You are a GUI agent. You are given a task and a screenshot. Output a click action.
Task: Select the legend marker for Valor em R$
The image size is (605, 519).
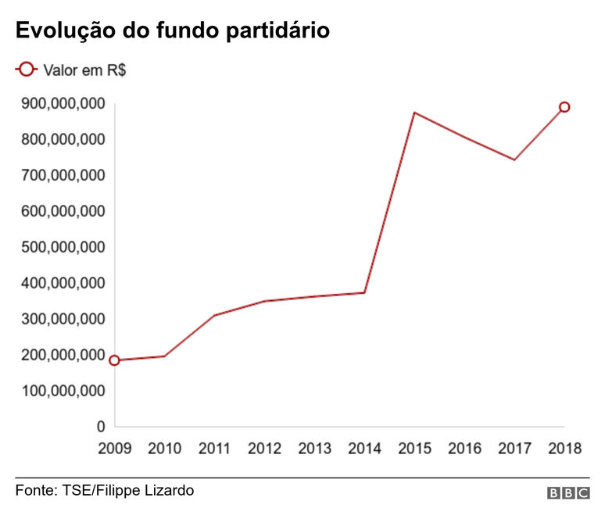(26, 70)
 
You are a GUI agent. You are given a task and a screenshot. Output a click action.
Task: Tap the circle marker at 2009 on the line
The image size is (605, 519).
(115, 360)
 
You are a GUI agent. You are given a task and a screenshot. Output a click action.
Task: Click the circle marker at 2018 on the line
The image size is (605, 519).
(564, 107)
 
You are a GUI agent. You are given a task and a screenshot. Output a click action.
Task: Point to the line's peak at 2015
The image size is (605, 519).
(414, 113)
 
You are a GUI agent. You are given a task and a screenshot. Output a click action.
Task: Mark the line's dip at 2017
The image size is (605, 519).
(514, 159)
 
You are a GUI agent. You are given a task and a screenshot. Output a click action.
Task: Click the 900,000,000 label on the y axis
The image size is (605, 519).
(62, 104)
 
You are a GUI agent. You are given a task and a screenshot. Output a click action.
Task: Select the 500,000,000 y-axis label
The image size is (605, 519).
(62, 247)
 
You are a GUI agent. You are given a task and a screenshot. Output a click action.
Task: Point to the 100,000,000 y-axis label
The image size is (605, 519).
(62, 391)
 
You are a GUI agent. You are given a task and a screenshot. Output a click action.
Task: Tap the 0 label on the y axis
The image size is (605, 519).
(101, 427)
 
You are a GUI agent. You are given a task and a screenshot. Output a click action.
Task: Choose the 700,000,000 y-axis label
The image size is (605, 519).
(62, 175)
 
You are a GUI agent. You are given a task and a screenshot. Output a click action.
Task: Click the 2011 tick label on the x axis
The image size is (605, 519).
(214, 449)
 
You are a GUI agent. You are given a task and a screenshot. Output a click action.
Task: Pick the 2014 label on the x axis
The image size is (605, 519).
(364, 449)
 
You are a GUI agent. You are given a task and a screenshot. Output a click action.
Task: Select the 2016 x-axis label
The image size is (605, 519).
(464, 449)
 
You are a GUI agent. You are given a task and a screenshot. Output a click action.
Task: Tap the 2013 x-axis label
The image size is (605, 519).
(314, 449)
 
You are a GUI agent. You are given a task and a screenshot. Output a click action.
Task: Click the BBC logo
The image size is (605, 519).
(568, 493)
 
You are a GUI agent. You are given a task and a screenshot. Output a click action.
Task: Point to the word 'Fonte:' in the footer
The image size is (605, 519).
(35, 491)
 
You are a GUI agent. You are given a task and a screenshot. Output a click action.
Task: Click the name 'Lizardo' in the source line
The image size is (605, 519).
(168, 491)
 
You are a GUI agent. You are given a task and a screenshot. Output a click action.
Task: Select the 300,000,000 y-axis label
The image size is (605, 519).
(62, 319)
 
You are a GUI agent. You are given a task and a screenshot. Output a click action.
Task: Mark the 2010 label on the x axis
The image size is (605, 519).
(164, 449)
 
